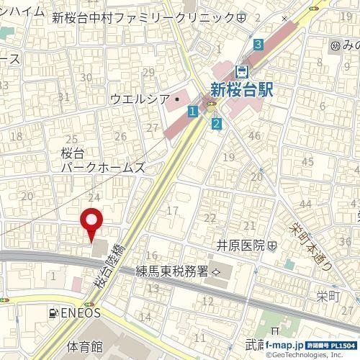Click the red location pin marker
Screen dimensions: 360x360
tap(91, 224)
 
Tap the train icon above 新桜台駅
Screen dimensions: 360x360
tap(243, 71)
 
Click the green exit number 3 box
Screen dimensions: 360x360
tap(258, 45)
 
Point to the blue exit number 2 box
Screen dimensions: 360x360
tap(217, 124)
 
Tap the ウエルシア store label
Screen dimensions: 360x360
tap(140, 99)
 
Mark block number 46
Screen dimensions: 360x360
tap(253, 135)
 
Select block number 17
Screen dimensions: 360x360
tap(171, 210)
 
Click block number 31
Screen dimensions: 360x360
tap(63, 97)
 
